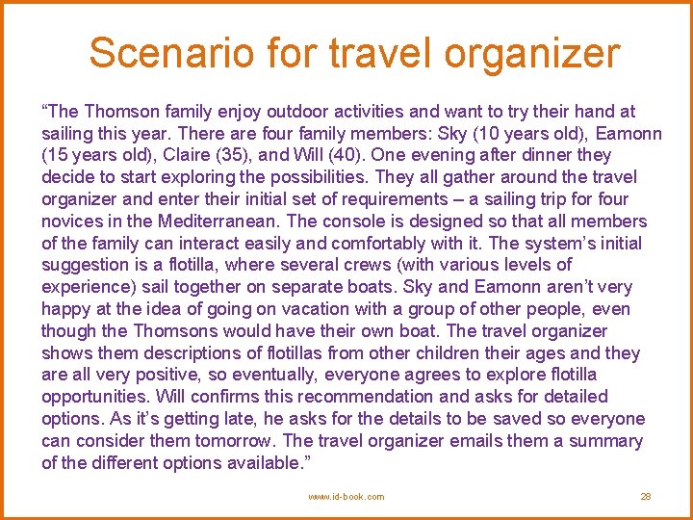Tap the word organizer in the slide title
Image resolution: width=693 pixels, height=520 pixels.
(x=537, y=55)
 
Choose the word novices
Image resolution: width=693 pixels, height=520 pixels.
(x=71, y=221)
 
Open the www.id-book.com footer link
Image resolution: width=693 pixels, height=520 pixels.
(x=346, y=497)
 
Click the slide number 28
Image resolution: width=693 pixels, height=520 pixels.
(x=646, y=497)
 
